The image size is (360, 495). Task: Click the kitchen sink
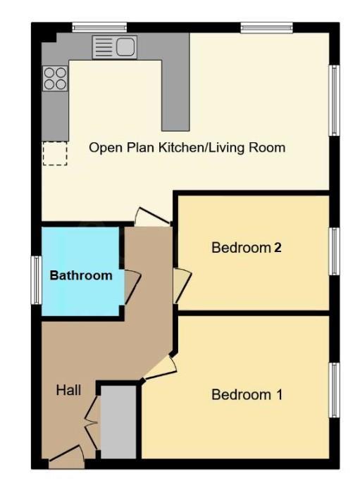(114, 47)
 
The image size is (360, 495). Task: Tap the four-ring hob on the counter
(55, 77)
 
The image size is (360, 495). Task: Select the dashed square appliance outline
(54, 153)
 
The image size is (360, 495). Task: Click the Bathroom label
(80, 275)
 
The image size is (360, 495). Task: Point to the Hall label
(69, 389)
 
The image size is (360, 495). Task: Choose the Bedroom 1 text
(247, 394)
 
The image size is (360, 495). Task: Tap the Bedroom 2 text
(247, 248)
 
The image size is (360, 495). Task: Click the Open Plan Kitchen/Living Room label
(187, 147)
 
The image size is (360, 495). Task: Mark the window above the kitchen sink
(99, 27)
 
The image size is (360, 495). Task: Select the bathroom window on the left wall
(35, 280)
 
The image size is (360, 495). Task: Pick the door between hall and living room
(151, 217)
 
